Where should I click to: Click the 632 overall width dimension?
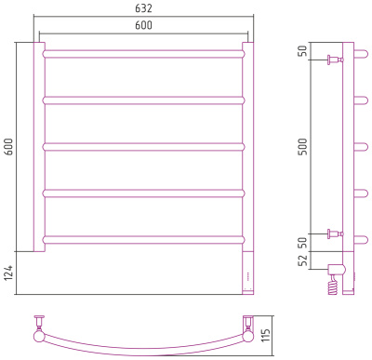coord(143,8)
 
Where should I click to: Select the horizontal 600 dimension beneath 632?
coord(143,25)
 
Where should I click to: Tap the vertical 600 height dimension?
coord(8,147)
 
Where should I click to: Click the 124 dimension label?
coord(8,273)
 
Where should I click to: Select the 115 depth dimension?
coord(266,335)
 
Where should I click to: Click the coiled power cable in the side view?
coord(334,285)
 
